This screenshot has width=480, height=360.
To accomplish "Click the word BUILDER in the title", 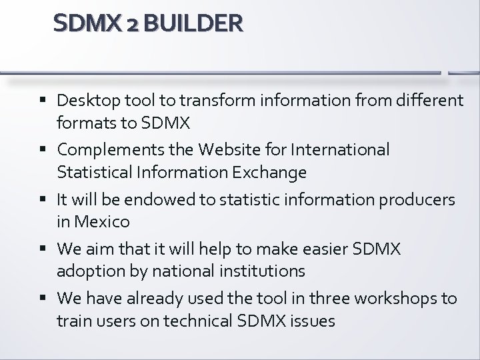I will tap(193, 25).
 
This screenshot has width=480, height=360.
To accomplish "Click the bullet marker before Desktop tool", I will tap(44, 101).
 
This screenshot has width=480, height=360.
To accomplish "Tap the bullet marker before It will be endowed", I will tap(44, 197).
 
